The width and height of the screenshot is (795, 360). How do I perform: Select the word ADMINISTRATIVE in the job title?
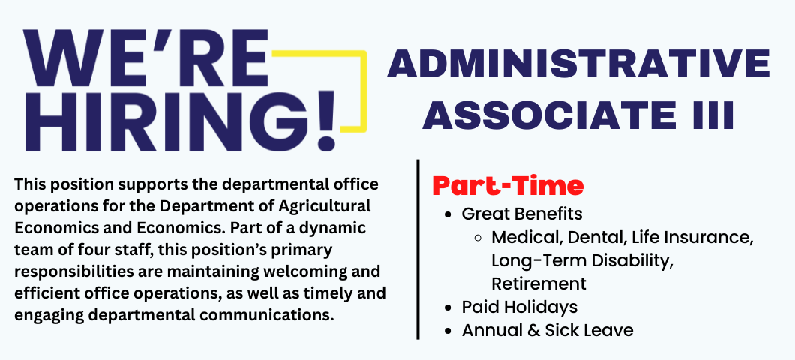[579, 64]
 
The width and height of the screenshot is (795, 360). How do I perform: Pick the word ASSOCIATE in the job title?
[548, 115]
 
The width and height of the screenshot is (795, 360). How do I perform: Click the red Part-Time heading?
[508, 186]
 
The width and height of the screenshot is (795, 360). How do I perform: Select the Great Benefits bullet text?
[522, 214]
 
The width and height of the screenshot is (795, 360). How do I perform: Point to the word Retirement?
[538, 283]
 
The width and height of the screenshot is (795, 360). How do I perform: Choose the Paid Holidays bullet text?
[519, 307]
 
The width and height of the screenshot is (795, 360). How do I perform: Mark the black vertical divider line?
[418, 250]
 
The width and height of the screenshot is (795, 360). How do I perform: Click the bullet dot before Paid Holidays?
[448, 307]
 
